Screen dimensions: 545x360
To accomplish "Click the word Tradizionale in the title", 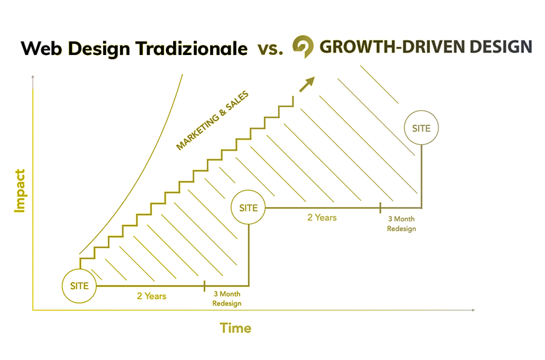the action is pyautogui.click(x=191, y=48).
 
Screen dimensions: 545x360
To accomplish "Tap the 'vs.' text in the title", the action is pyautogui.click(x=270, y=49).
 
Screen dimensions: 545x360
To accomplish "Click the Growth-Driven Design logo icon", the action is pyautogui.click(x=303, y=47).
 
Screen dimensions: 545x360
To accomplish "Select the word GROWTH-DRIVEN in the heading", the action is pyautogui.click(x=392, y=47).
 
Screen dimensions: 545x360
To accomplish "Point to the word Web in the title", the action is pyautogui.click(x=42, y=48).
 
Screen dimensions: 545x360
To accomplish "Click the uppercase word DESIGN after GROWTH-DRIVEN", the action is pyautogui.click(x=501, y=47).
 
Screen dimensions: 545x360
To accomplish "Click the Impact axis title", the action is pyautogui.click(x=20, y=191).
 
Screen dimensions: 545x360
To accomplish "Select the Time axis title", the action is pyautogui.click(x=236, y=328).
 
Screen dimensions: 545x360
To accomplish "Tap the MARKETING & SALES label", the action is pyautogui.click(x=213, y=120).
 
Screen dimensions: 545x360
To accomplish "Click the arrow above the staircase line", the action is pyautogui.click(x=307, y=84).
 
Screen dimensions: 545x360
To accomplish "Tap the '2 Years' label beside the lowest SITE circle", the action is pyautogui.click(x=151, y=296).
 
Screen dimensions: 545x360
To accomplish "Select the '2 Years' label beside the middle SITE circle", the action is pyautogui.click(x=322, y=218).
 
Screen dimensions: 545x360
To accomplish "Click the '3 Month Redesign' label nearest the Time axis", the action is pyautogui.click(x=227, y=298).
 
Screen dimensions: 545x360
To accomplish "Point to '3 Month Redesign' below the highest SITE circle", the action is pyautogui.click(x=401, y=224).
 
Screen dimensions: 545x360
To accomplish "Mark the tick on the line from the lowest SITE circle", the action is pyautogui.click(x=205, y=286).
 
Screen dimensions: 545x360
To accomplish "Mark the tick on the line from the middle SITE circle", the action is pyautogui.click(x=380, y=208).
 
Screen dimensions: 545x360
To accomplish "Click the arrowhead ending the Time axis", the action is pyautogui.click(x=474, y=310).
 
